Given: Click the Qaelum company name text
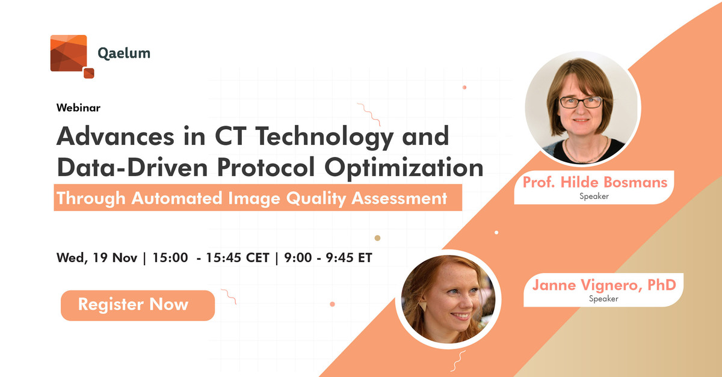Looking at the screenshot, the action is coord(124,54).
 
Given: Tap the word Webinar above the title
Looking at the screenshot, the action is coord(78,108).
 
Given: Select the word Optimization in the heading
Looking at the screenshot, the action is coord(404,168).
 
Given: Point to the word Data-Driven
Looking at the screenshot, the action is coord(132,168).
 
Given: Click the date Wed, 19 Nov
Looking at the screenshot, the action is coord(97,258).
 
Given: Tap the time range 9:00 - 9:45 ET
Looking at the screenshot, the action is coord(328,258).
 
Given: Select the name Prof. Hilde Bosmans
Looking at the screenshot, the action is coord(594,182).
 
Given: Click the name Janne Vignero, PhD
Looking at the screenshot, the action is coord(604,285).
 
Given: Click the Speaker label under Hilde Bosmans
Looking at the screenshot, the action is coord(594,196).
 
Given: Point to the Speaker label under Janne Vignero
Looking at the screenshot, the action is coord(603,299).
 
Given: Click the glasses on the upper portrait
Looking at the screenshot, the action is coord(580,102).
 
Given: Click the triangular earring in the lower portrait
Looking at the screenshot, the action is coord(422,307).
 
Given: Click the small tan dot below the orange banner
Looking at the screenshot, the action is coord(377,238).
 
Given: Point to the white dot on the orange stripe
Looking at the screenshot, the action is coord(496,232).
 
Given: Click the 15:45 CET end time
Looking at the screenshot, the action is coord(238,258).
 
